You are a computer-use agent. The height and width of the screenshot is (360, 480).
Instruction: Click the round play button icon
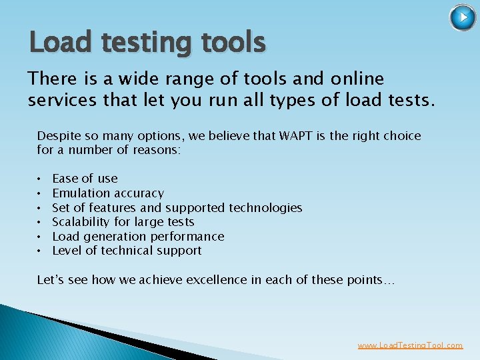pos(463,18)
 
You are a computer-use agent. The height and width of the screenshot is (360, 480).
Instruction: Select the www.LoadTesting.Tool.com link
pos(410,345)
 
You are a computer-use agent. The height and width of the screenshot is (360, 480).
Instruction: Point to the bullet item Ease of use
pos(85,179)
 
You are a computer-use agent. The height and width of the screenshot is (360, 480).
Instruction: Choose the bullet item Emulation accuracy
pos(108,193)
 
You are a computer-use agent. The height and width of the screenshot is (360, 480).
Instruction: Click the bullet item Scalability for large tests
pos(123,222)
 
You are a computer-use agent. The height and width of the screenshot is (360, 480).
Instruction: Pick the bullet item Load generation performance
pos(138,237)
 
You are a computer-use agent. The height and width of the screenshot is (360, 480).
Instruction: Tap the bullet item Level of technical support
pos(127,251)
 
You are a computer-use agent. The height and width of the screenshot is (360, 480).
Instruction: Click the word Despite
pos(58,136)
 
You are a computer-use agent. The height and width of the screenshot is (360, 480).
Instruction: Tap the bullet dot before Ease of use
pos(41,179)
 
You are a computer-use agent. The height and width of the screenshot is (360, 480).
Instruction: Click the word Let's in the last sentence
pos(50,281)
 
